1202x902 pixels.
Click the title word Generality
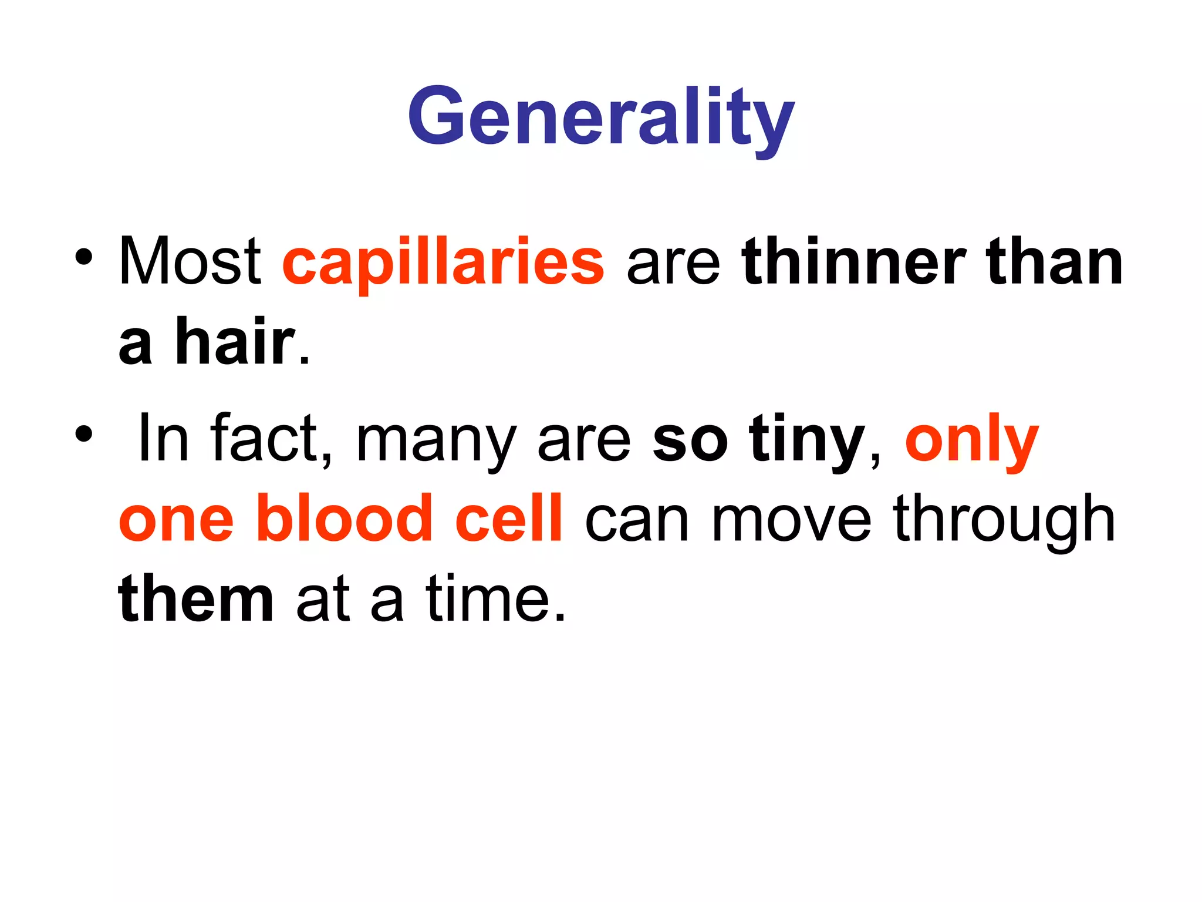tap(601, 117)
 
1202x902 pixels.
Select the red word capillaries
tap(443, 262)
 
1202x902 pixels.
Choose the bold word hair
tap(235, 341)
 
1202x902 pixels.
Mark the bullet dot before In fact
tap(83, 434)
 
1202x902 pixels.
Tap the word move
tap(791, 520)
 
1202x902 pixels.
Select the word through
tap(1004, 520)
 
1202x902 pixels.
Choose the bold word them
tap(196, 599)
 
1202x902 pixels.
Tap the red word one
tap(176, 520)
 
